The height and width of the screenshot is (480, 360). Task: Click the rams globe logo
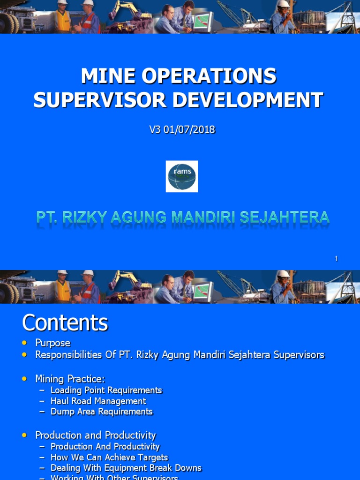182,176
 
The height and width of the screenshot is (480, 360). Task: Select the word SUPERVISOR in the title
90,100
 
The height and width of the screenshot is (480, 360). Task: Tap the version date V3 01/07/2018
182,130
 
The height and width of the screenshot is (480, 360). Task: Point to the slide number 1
336,259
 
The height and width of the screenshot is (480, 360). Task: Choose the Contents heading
65,323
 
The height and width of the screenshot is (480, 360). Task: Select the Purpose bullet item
53,343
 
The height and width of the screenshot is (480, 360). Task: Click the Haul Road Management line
98,401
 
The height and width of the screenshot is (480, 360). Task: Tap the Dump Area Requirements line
101,412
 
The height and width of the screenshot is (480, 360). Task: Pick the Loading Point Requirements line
106,390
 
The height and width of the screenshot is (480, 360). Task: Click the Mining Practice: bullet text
70,378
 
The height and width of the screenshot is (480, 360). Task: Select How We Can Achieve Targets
109,457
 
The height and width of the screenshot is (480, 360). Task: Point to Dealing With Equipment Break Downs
126,468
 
